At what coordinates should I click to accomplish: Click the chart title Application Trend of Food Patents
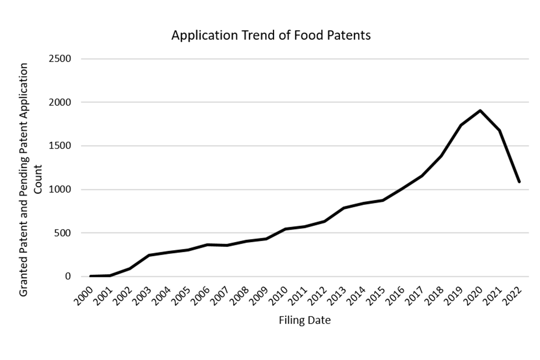(271, 35)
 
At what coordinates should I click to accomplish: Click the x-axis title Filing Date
(305, 320)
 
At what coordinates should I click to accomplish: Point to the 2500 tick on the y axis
(60, 59)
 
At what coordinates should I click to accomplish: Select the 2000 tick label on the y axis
(60, 102)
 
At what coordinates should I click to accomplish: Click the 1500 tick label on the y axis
(60, 146)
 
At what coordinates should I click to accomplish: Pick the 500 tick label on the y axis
(62, 233)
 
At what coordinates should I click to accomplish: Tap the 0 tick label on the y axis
(68, 276)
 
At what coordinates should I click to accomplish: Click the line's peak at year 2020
(480, 111)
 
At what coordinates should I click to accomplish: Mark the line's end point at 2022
(519, 181)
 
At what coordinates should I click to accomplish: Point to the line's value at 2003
(149, 255)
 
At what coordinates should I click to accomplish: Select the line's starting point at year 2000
(91, 276)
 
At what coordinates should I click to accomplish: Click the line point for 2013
(344, 208)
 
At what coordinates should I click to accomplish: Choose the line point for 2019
(461, 125)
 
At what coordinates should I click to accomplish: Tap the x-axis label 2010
(278, 296)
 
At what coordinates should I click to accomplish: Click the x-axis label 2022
(513, 296)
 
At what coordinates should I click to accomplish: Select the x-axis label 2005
(181, 296)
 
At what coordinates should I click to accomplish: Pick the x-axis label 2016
(396, 296)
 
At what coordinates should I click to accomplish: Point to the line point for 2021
(500, 130)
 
